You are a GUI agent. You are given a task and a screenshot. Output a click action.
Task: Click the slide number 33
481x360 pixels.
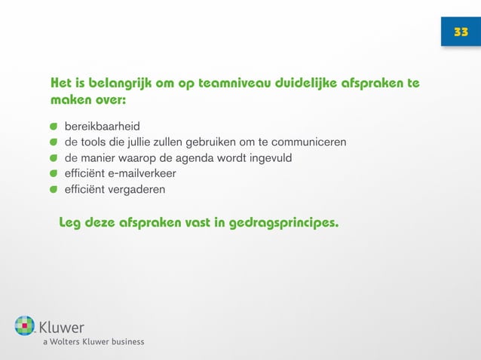pyautogui.click(x=461, y=32)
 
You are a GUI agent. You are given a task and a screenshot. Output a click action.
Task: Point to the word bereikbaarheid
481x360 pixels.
pyautogui.click(x=102, y=125)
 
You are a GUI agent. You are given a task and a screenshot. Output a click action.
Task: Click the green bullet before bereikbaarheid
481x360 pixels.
pyautogui.click(x=54, y=125)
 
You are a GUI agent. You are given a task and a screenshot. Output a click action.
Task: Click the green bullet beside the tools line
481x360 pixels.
pyautogui.click(x=54, y=142)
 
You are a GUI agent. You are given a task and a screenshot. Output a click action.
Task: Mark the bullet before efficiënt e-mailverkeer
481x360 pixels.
pyautogui.click(x=54, y=173)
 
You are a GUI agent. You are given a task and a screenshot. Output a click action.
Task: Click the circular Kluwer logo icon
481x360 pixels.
pyautogui.click(x=25, y=325)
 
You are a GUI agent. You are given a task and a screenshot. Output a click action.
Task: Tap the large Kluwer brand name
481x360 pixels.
pyautogui.click(x=62, y=328)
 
